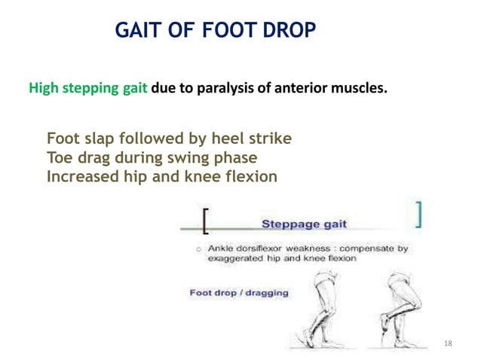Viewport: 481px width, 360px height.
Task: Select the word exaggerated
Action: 237,258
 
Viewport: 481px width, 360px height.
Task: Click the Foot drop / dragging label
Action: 239,292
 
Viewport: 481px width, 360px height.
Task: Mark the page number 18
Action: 449,343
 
